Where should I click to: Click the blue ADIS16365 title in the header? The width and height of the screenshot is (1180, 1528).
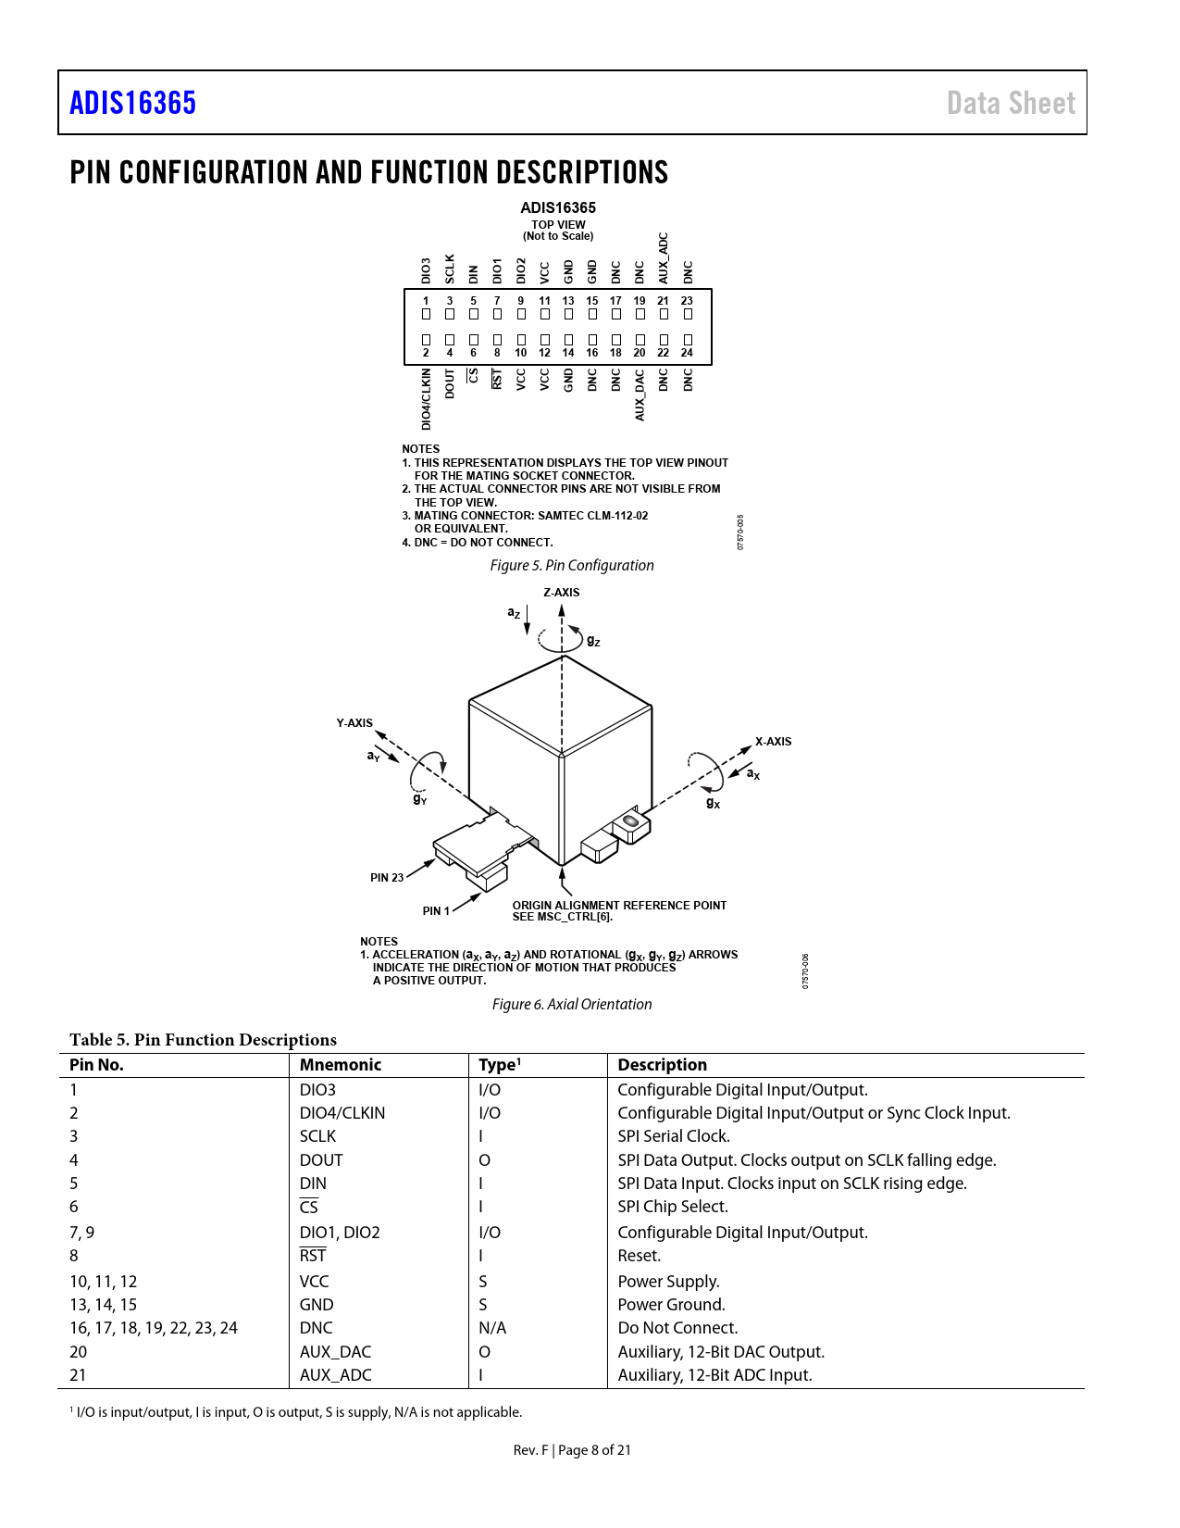(133, 103)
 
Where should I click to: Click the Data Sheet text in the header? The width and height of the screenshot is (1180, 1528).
(1011, 103)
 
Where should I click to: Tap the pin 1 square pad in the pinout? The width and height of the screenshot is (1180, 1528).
(426, 315)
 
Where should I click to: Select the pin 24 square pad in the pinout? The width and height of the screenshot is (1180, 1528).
(688, 340)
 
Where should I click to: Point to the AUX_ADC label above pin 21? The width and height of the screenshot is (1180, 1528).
(663, 258)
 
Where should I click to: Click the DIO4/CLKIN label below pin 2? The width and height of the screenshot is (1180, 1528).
(426, 399)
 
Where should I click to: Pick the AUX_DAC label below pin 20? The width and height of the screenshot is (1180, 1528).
(640, 395)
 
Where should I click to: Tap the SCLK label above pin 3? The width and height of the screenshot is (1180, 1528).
(450, 269)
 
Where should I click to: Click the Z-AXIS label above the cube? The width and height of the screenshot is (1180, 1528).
(562, 593)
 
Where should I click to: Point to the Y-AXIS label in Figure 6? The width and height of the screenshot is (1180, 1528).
(354, 723)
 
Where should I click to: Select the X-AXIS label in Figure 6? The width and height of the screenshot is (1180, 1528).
(773, 742)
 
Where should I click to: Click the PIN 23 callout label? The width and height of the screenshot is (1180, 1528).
(387, 878)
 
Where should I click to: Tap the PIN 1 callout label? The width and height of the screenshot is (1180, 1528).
(436, 911)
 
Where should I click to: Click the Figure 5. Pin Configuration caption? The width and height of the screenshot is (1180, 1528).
(572, 566)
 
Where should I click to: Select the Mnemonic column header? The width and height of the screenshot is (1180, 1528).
(341, 1065)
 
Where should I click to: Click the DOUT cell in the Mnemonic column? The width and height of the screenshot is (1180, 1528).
(321, 1160)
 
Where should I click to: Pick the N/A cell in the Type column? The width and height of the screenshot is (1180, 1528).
(492, 1328)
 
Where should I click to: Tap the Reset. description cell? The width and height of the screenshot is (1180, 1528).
(640, 1256)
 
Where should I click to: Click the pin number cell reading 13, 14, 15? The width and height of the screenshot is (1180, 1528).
(104, 1305)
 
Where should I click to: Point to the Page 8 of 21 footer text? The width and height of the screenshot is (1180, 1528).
(594, 1450)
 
